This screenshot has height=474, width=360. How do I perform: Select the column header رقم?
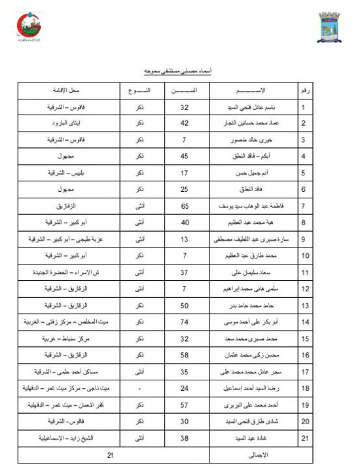(304, 89)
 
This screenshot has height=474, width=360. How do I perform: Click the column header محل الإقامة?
(63, 89)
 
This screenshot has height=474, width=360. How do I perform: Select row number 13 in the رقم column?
(304, 306)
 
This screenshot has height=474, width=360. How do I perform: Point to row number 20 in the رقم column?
(304, 422)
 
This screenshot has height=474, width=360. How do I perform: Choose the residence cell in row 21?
(63, 438)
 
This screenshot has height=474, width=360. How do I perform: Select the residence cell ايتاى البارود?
(63, 122)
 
